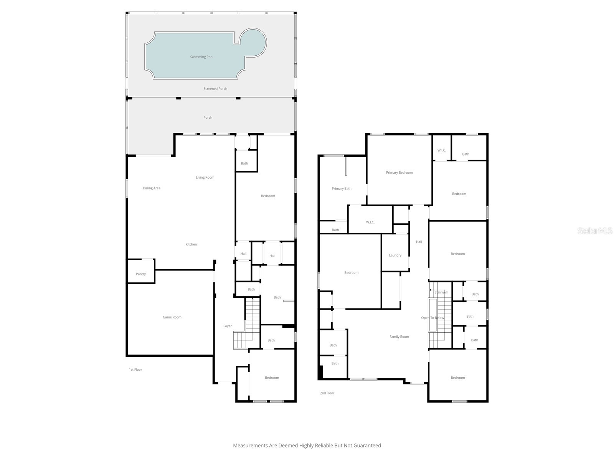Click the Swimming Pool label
point(201,57)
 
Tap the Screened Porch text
point(215,89)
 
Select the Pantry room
point(141,274)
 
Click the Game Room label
point(172,317)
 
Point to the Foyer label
point(228,326)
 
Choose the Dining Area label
point(152,188)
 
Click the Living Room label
point(205,177)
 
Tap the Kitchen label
point(191,244)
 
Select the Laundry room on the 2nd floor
point(395,255)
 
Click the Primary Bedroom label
point(399,173)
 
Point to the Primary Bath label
point(342,189)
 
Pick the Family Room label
point(399,337)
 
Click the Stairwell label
point(441,292)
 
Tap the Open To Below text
point(432,318)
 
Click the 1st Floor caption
point(135,370)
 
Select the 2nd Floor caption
point(327,393)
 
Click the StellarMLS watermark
point(595,230)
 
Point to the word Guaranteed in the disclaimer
point(367,446)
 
